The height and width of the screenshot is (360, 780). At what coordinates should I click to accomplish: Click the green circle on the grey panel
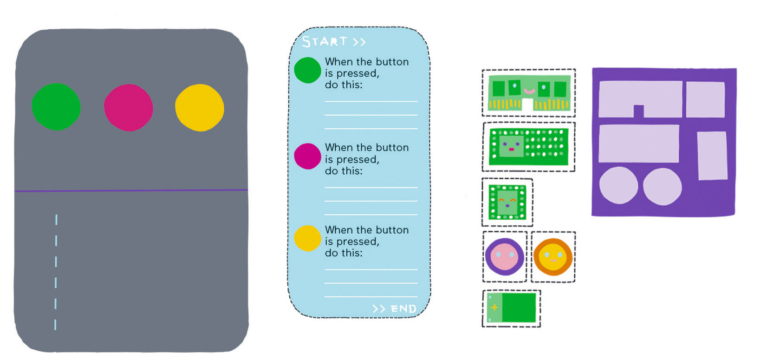point(56,106)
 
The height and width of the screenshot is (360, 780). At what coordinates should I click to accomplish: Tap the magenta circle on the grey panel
point(128,107)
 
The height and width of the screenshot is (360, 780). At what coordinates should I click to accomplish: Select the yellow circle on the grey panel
point(200,107)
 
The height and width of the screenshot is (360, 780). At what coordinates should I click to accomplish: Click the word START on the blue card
point(325,41)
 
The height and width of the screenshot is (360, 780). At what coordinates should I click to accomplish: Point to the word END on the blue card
point(403,308)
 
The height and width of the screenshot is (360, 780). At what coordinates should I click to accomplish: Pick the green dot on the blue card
point(307,70)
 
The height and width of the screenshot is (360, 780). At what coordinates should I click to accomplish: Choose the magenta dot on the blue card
point(307,156)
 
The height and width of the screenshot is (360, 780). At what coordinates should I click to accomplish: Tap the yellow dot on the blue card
point(307,238)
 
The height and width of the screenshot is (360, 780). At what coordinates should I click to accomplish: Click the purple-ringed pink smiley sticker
point(505,256)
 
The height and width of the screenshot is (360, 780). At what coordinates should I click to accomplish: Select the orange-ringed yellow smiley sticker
point(553,256)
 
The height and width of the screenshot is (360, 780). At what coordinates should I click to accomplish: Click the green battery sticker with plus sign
point(512,308)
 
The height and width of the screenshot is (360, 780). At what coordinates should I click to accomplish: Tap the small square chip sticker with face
point(507,202)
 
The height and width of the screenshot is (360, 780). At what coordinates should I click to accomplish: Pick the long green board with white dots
point(529,146)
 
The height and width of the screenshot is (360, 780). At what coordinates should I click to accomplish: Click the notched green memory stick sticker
point(529,92)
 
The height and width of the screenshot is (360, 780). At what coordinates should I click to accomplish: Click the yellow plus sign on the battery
point(494,307)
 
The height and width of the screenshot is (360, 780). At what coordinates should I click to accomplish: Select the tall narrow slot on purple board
point(712,155)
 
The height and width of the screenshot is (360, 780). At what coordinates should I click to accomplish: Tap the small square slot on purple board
point(705,99)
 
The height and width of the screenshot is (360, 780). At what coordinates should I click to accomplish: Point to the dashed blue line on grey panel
point(56,272)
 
